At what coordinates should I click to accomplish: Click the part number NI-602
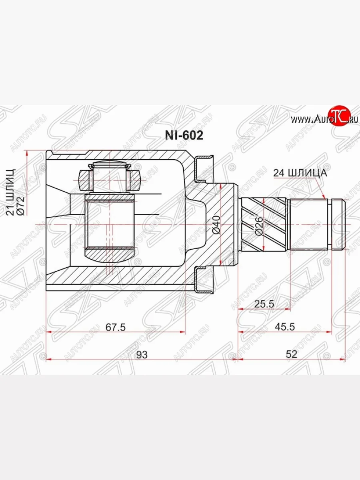(184, 136)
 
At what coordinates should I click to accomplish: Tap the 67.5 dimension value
(116, 327)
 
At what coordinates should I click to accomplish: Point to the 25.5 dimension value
(264, 304)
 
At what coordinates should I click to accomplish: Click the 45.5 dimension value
(284, 327)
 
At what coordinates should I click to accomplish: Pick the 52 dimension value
(292, 354)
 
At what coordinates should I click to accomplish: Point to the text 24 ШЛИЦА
(300, 173)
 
